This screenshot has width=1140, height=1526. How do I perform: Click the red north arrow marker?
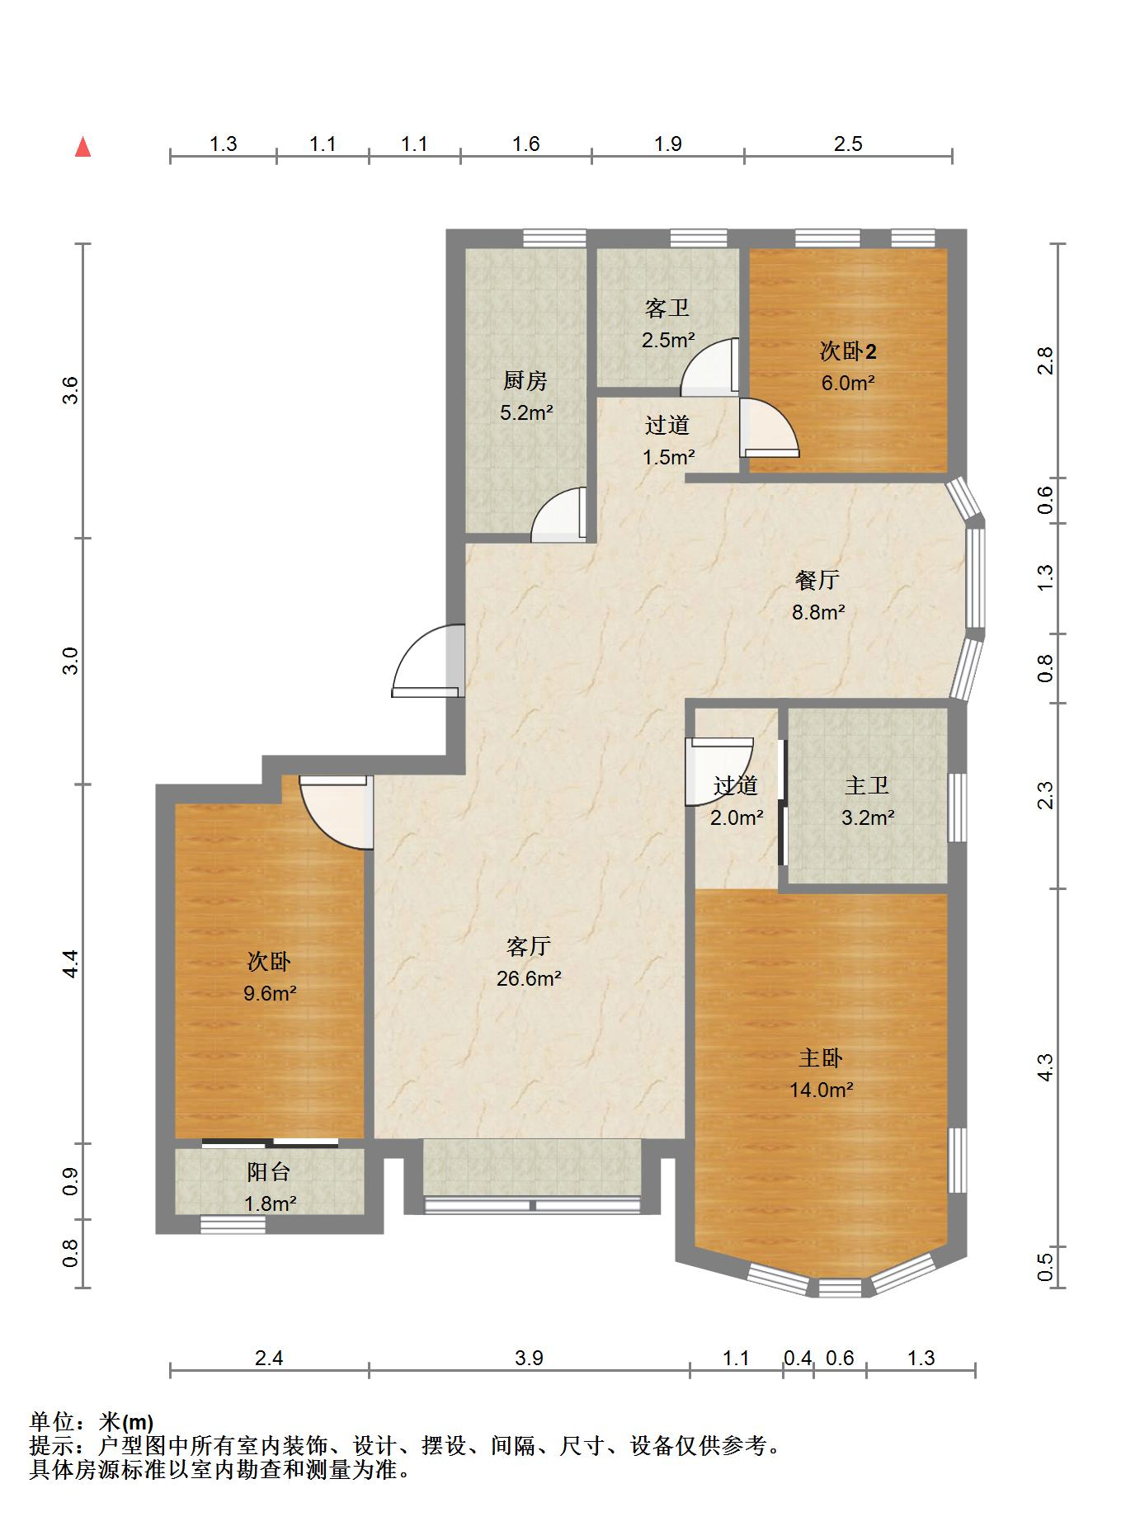[x=82, y=147]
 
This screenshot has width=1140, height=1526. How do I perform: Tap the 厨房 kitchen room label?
[x=525, y=381]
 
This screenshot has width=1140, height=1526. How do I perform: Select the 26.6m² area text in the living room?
[x=529, y=978]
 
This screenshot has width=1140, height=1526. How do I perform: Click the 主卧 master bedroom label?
[x=821, y=1057]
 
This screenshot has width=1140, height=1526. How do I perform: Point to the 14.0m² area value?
[x=821, y=1090]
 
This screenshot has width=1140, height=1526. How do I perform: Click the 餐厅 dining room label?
[x=817, y=580]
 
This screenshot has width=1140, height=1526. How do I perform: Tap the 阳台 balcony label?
[x=270, y=1171]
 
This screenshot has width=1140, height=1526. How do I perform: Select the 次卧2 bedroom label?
[x=848, y=351]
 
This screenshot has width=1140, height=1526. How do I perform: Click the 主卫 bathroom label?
[x=867, y=785]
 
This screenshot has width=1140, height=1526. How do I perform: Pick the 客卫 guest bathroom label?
[x=667, y=308]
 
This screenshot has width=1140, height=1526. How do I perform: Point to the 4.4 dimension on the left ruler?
[x=71, y=963]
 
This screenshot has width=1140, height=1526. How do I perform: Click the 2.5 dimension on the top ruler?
[x=848, y=144]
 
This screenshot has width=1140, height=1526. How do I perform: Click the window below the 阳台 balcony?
[x=233, y=1226]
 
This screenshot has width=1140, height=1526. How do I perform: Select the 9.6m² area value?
[x=270, y=993]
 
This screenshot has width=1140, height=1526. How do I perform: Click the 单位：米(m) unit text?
[x=92, y=1422]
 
